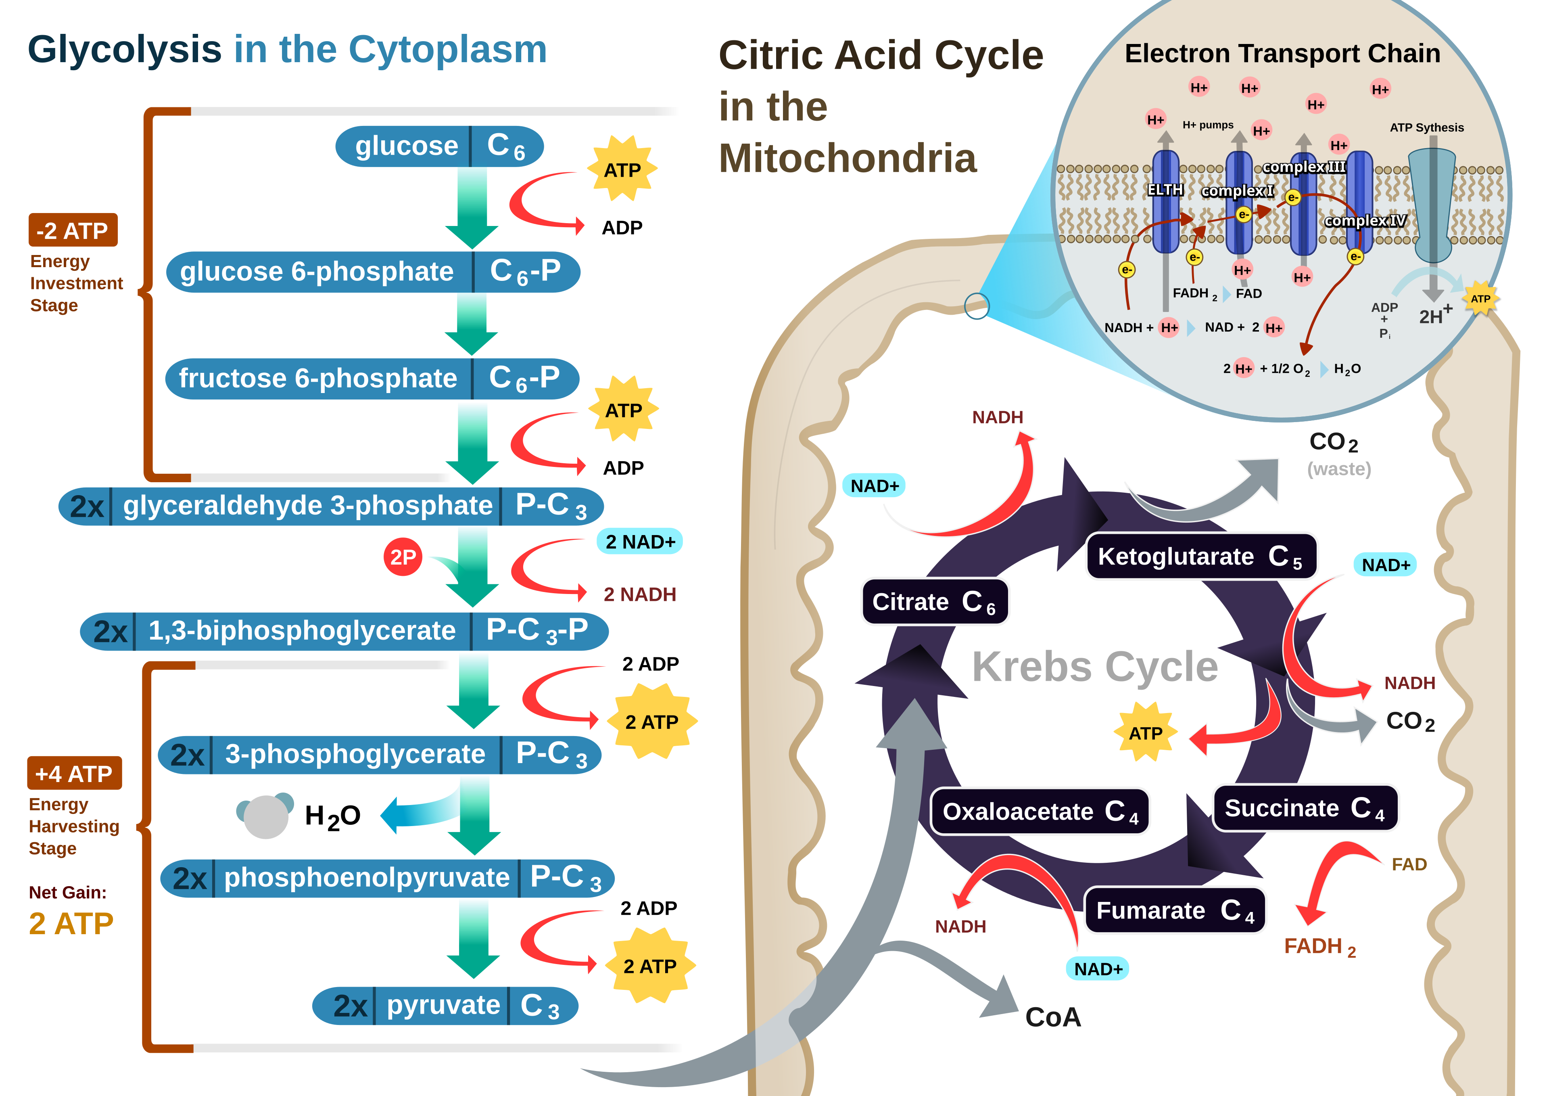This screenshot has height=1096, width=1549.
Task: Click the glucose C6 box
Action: [x=439, y=146]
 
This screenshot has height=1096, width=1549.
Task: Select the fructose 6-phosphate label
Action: [x=318, y=379]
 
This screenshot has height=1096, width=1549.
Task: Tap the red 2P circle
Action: [x=403, y=557]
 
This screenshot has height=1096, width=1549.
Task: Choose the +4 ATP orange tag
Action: [x=74, y=774]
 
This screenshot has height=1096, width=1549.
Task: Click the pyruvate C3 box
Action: [x=445, y=1006]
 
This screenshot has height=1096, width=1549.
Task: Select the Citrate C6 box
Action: [x=934, y=601]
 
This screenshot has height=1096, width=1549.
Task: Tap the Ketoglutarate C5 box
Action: [x=1201, y=556]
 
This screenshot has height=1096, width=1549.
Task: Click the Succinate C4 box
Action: [x=1305, y=808]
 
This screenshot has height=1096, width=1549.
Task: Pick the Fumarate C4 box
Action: [x=1175, y=910]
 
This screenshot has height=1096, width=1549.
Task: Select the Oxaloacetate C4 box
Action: [x=1040, y=811]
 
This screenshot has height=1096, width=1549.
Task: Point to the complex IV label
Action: [x=1365, y=221]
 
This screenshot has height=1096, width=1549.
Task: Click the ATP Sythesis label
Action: [x=1426, y=128]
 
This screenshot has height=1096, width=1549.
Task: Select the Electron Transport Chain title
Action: [x=1282, y=53]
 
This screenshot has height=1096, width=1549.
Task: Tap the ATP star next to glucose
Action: [x=622, y=169]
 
